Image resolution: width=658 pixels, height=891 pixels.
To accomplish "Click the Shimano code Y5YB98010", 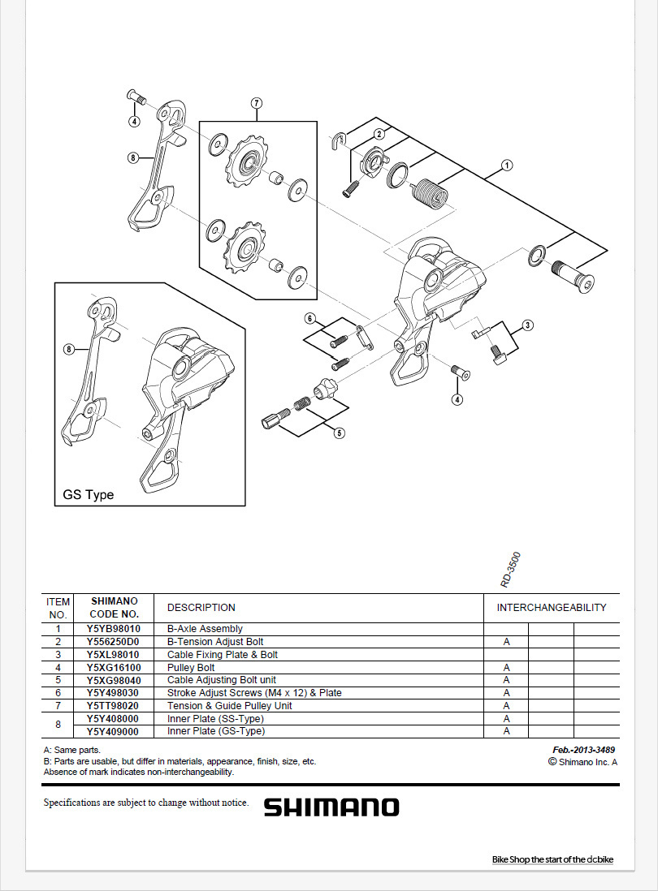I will pyautogui.click(x=114, y=629).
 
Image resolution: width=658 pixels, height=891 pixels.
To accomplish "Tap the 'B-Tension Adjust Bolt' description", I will pyautogui.click(x=215, y=642).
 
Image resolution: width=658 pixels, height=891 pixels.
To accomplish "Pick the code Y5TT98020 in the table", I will pyautogui.click(x=114, y=706).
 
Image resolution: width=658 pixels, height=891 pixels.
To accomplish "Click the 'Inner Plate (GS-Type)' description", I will pyautogui.click(x=216, y=731).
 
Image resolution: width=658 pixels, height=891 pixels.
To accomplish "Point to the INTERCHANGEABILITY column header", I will pyautogui.click(x=552, y=607).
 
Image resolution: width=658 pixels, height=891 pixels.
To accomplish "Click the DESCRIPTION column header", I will pyautogui.click(x=201, y=607).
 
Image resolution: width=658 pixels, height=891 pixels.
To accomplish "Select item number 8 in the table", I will pyautogui.click(x=58, y=725).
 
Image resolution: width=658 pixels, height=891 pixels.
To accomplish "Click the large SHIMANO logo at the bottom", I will pyautogui.click(x=331, y=807).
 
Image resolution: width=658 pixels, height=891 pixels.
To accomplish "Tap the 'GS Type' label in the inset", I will pyautogui.click(x=89, y=494).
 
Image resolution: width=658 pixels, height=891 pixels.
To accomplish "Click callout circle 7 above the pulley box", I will pyautogui.click(x=256, y=103).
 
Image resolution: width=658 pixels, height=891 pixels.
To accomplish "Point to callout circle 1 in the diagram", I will pyautogui.click(x=507, y=166).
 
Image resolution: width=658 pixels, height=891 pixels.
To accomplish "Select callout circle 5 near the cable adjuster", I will pyautogui.click(x=340, y=433).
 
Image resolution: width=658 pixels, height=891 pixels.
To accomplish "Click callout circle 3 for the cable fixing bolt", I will pyautogui.click(x=528, y=325).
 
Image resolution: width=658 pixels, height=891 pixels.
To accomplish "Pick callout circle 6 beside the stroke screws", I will pyautogui.click(x=310, y=317).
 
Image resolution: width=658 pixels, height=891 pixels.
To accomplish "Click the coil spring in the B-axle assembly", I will pyautogui.click(x=429, y=193).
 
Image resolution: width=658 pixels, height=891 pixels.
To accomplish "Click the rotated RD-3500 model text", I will pyautogui.click(x=510, y=570).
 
